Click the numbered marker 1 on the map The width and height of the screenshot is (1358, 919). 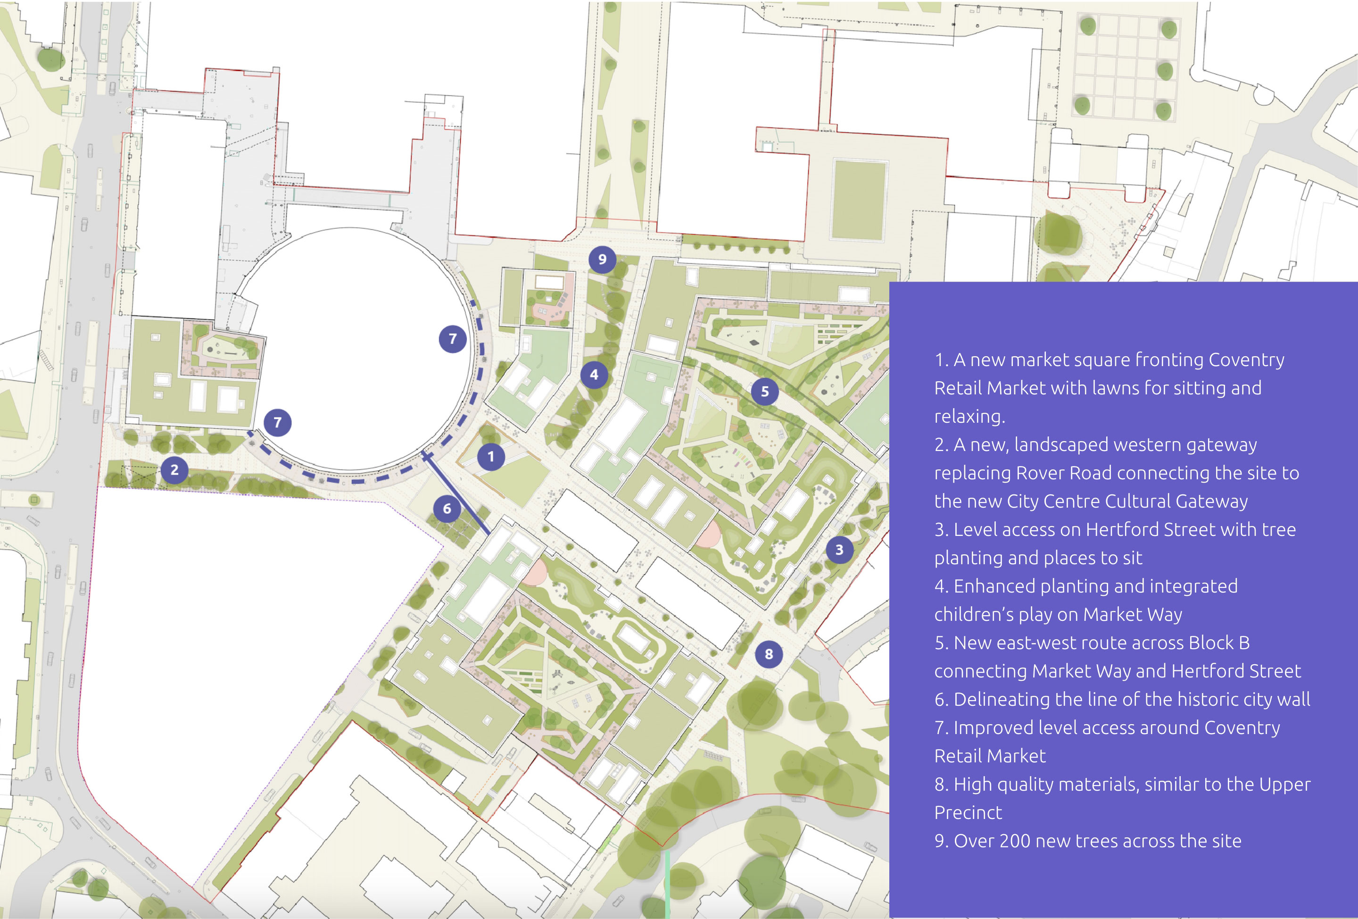(491, 457)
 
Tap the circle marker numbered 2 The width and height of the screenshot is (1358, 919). (174, 470)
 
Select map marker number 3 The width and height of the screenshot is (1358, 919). (839, 550)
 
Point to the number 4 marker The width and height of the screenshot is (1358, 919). (594, 375)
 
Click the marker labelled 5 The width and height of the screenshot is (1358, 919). (765, 392)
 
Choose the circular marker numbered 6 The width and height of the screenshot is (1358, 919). (447, 509)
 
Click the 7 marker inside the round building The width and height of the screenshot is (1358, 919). (452, 338)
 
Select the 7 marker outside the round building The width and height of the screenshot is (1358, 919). (278, 422)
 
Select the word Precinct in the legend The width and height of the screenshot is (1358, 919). (968, 812)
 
